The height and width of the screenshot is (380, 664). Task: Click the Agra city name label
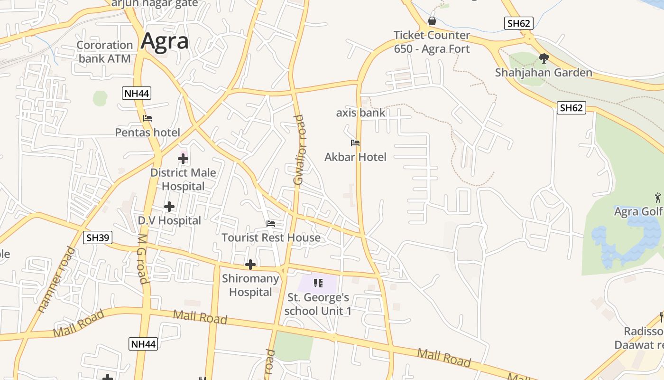[x=165, y=41]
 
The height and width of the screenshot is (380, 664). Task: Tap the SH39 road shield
[x=98, y=237]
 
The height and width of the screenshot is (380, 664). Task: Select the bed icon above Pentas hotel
[x=148, y=118]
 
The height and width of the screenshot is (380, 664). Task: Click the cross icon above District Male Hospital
[x=183, y=159]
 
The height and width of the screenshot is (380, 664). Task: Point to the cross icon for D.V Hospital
[x=169, y=207]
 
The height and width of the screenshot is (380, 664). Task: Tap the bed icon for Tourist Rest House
[x=271, y=223]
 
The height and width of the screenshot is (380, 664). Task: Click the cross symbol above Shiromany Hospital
[x=250, y=265]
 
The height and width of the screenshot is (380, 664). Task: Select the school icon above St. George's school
[x=318, y=283]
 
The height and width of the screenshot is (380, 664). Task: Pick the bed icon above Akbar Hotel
[x=355, y=143]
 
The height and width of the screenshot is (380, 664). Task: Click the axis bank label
[x=360, y=113]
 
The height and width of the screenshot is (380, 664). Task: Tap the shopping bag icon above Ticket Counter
[x=432, y=21]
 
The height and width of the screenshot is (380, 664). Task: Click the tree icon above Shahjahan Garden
[x=544, y=58]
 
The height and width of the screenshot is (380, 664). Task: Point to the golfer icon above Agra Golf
[x=658, y=197]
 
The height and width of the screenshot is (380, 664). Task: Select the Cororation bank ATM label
[x=105, y=52]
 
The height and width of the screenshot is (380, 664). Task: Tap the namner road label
[x=56, y=280]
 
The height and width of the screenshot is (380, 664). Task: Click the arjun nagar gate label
[x=154, y=4]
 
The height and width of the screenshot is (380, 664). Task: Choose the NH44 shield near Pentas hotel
[x=137, y=93]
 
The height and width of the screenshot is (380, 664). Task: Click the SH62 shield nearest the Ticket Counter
[x=518, y=23]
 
